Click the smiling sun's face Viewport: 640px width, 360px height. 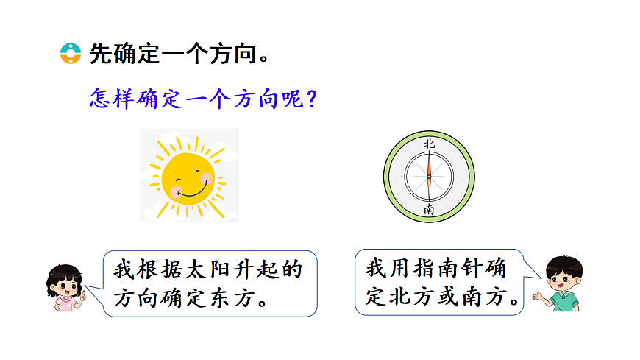pos(188,177)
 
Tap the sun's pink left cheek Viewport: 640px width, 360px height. pos(177,191)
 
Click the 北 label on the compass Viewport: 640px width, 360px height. pos(429,144)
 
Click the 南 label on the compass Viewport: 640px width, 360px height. pos(429,209)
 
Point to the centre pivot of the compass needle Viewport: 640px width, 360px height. pos(429,177)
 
